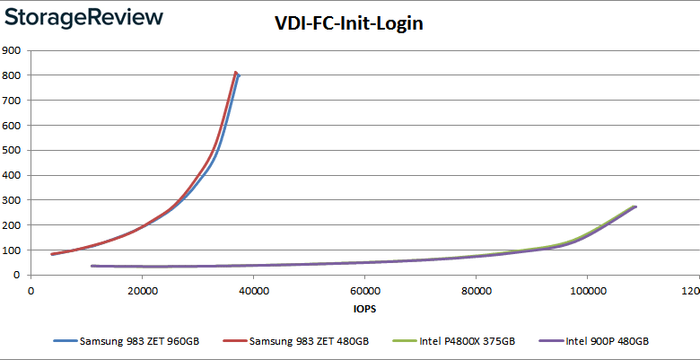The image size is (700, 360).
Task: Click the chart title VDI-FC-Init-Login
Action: point(348,24)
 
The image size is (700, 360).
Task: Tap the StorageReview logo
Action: point(83,17)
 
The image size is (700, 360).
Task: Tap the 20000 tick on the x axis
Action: point(142,291)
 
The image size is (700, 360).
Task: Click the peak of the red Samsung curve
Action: point(235,73)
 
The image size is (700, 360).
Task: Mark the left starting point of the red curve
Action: point(52,254)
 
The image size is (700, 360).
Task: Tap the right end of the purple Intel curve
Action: point(635,207)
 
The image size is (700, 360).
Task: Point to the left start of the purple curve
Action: point(92,266)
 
